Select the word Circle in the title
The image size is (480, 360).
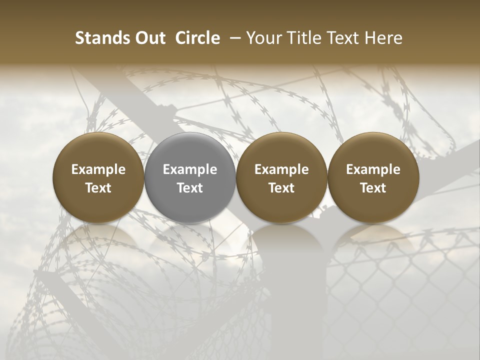197,38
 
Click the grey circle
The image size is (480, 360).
190,178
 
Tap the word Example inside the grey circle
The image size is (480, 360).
190,169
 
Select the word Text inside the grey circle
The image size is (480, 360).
190,188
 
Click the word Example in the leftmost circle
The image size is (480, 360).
98,169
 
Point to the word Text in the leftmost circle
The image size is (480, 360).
98,188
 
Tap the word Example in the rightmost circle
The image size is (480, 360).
373,169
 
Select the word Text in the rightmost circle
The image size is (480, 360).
373,188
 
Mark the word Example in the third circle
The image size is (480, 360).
281,169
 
